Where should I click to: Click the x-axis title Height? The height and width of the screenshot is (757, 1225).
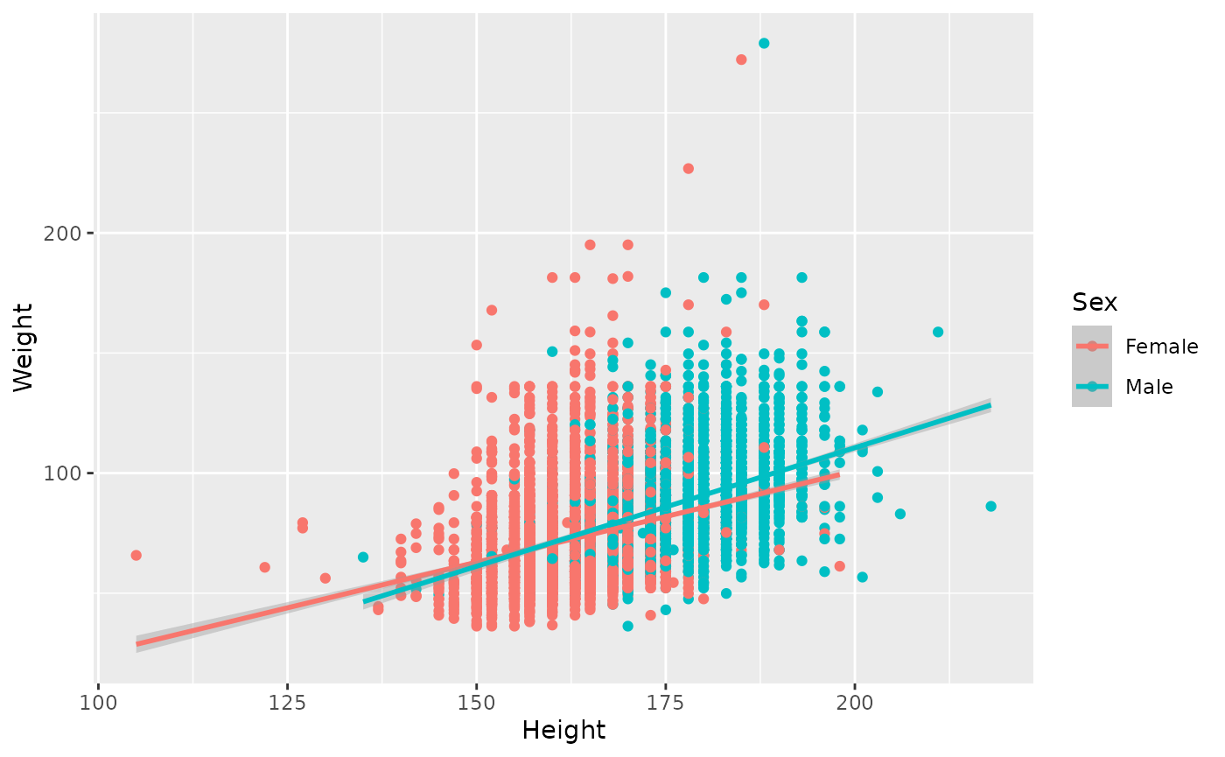(563, 729)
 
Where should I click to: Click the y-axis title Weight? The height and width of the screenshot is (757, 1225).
(24, 347)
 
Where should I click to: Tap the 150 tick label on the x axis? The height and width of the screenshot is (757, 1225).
(476, 702)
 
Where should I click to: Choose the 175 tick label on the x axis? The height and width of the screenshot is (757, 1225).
(665, 702)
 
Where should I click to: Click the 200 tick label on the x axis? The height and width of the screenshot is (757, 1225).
(855, 702)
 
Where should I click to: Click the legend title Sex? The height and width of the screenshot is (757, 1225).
(1095, 303)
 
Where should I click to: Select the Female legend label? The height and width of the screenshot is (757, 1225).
(1161, 347)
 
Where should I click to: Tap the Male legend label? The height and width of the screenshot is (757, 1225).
(1149, 387)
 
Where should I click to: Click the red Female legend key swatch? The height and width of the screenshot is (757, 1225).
(1092, 347)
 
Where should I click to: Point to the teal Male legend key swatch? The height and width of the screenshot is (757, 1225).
(1092, 387)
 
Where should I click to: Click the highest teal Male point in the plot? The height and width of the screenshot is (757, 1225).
(764, 43)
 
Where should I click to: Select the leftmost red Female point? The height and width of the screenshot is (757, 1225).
(136, 555)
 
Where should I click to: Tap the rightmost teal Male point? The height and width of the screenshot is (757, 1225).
(990, 506)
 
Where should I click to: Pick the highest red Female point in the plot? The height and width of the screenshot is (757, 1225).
(741, 60)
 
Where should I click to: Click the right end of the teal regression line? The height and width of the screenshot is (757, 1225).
(990, 405)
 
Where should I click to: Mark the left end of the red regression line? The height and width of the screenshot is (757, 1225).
(136, 644)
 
